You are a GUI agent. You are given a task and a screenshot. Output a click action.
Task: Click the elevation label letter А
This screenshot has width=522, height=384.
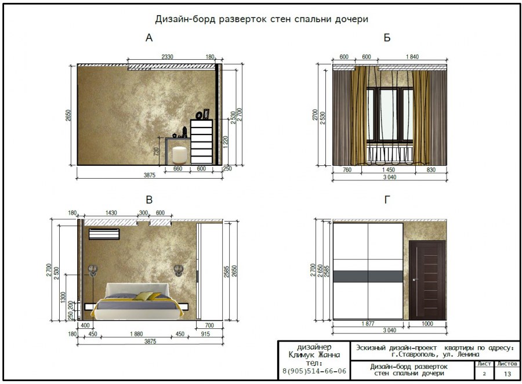[x=149, y=39]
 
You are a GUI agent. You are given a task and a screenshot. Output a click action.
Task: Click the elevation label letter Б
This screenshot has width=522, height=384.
[x=387, y=39]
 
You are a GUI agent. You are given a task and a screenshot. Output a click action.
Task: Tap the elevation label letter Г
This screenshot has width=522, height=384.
[x=387, y=201]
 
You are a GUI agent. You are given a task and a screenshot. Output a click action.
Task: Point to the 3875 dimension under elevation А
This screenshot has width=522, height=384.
[x=150, y=175]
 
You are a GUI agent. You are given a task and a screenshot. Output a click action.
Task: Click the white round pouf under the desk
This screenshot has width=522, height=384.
[x=179, y=154]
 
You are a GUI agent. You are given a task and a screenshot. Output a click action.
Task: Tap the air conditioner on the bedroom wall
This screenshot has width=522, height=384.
[x=104, y=234]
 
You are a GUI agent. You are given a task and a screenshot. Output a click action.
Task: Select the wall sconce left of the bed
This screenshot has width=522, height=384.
[x=92, y=270]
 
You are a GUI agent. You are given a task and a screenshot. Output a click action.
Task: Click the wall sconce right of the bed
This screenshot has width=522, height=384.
[x=179, y=270]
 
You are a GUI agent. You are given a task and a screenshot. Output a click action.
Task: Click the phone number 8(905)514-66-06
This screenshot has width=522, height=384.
[x=314, y=371]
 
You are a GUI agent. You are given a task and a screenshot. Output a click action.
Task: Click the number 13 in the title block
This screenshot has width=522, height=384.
[x=507, y=374]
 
